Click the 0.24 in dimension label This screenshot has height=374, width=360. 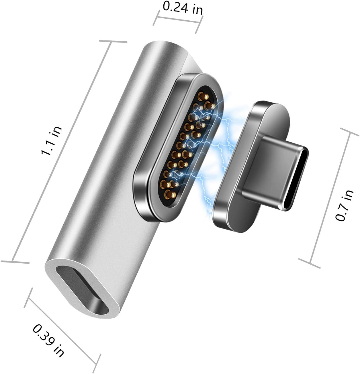point(183,8)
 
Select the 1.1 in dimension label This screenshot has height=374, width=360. point(52,140)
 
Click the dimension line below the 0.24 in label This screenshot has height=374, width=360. point(178,21)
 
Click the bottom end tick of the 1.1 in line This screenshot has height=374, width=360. point(15,262)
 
